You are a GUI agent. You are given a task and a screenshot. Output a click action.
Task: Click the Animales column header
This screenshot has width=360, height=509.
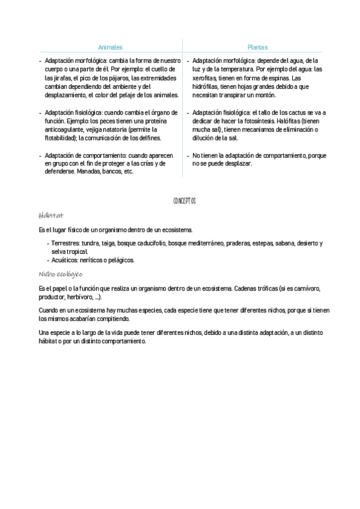click(x=110, y=47)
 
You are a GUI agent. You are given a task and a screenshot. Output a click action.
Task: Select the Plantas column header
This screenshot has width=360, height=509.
click(x=257, y=47)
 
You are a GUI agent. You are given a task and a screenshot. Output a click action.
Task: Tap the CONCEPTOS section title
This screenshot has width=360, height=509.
click(x=185, y=200)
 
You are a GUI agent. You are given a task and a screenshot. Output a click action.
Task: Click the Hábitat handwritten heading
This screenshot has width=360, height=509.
click(x=50, y=215)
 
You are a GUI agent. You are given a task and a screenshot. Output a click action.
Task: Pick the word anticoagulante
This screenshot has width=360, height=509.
click(x=69, y=129)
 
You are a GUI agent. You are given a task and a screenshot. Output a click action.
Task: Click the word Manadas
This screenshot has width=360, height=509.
click(x=88, y=172)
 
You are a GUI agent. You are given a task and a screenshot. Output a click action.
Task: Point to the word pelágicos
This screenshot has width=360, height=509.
click(x=121, y=260)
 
